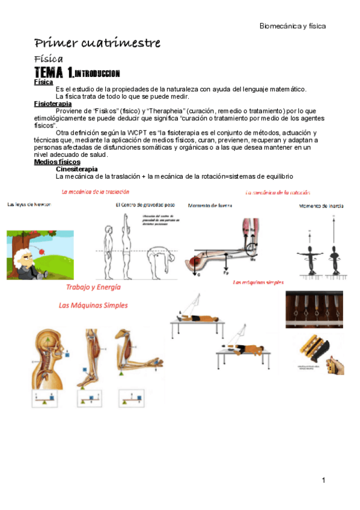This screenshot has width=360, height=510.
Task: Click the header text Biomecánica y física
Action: coord(292,26)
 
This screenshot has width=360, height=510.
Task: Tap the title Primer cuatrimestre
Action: coord(97,43)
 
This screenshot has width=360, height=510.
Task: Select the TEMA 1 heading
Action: coord(78,73)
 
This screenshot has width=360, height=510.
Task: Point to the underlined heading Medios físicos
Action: coord(57,162)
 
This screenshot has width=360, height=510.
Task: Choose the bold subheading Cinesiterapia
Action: coord(76,170)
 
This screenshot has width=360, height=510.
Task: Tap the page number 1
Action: coord(323,480)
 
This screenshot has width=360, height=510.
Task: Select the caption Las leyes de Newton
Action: coord(29,204)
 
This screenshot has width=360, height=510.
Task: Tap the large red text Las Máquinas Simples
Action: coord(93,305)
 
